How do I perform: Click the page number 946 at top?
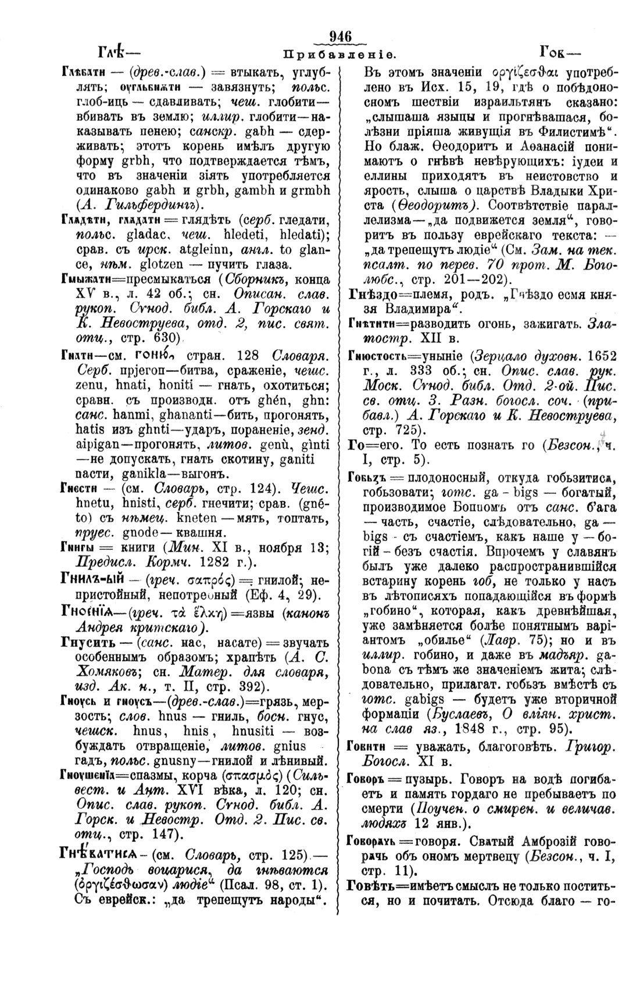(x=341, y=36)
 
